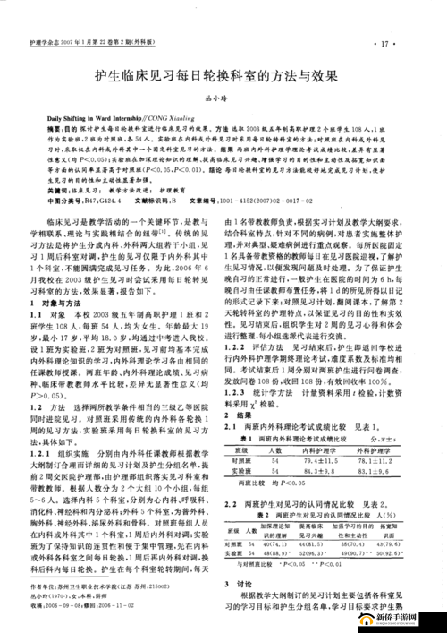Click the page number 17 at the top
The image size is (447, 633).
tap(386, 43)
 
